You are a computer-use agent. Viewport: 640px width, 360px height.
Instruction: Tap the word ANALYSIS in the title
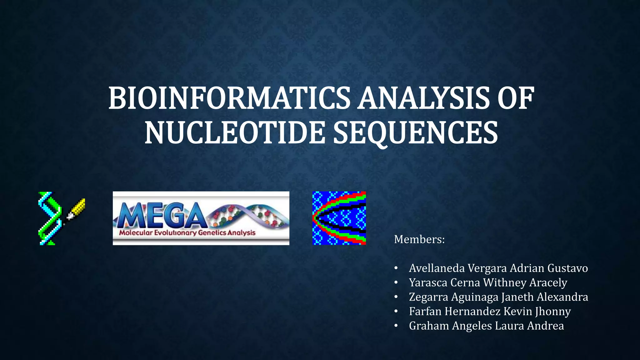click(423, 99)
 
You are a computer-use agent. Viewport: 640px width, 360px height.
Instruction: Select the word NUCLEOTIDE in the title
click(234, 133)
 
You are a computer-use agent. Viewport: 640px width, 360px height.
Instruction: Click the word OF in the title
click(515, 99)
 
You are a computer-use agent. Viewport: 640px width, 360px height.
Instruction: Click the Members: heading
click(419, 240)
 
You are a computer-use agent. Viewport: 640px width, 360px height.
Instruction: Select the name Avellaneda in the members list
click(437, 268)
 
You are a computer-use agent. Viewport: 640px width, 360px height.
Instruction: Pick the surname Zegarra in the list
click(428, 297)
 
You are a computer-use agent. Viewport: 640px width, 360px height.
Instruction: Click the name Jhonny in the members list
click(552, 312)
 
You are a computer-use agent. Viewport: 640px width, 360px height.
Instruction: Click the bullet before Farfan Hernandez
click(396, 312)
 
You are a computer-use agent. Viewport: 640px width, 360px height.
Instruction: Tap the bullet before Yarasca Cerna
click(396, 283)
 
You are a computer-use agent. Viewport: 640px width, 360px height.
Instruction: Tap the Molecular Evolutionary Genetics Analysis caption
click(187, 233)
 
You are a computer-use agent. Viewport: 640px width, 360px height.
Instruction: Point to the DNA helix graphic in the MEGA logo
click(250, 216)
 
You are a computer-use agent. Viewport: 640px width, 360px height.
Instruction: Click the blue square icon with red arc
click(339, 218)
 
